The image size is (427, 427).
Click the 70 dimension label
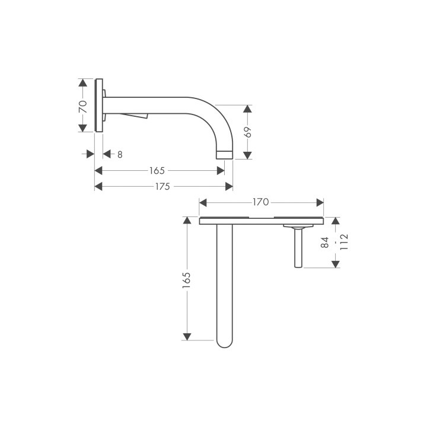coord(84,107)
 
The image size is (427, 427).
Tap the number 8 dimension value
coord(119,155)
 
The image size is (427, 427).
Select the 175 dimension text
coord(162,187)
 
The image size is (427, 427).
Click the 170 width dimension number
coord(260,202)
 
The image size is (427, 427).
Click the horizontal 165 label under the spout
coord(157,171)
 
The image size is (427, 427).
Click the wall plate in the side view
coord(99,107)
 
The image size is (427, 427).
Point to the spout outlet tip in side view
coord(224,155)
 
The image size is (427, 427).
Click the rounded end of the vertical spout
coord(224,342)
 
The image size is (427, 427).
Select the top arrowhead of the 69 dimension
coord(247,109)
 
